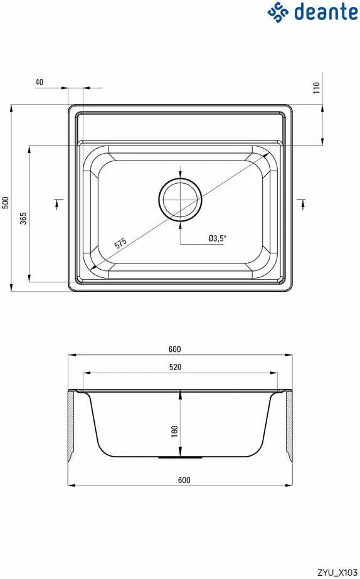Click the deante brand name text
point(326,11)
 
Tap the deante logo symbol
point(278,12)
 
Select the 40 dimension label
point(39,82)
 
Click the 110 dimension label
point(317,88)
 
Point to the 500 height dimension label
point(5,203)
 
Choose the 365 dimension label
point(23,218)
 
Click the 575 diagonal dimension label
point(120,243)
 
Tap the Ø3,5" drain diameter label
point(217,238)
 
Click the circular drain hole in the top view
point(180,199)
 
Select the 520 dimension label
point(176,367)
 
